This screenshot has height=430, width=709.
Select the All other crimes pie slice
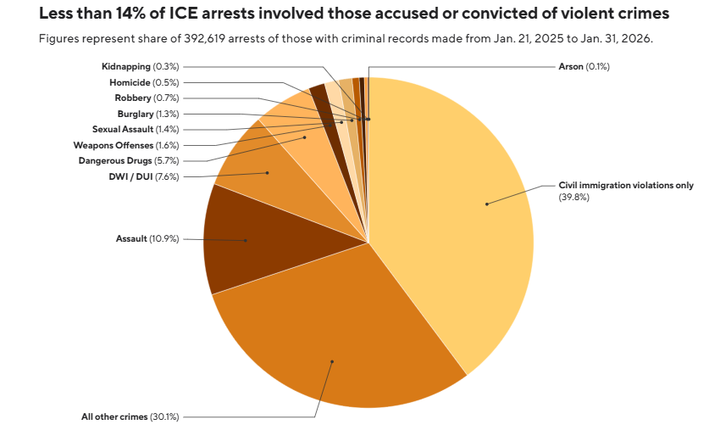(339, 339)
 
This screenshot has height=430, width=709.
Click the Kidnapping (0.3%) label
(140, 66)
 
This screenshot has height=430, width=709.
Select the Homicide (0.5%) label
(143, 82)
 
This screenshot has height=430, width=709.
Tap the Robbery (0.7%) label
(146, 98)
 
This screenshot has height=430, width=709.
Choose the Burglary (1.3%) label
(147, 114)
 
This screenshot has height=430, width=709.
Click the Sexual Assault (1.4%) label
(136, 129)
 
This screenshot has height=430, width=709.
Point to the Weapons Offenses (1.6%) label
(126, 145)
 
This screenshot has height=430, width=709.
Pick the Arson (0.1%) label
(584, 66)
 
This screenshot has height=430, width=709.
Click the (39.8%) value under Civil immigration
(573, 197)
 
